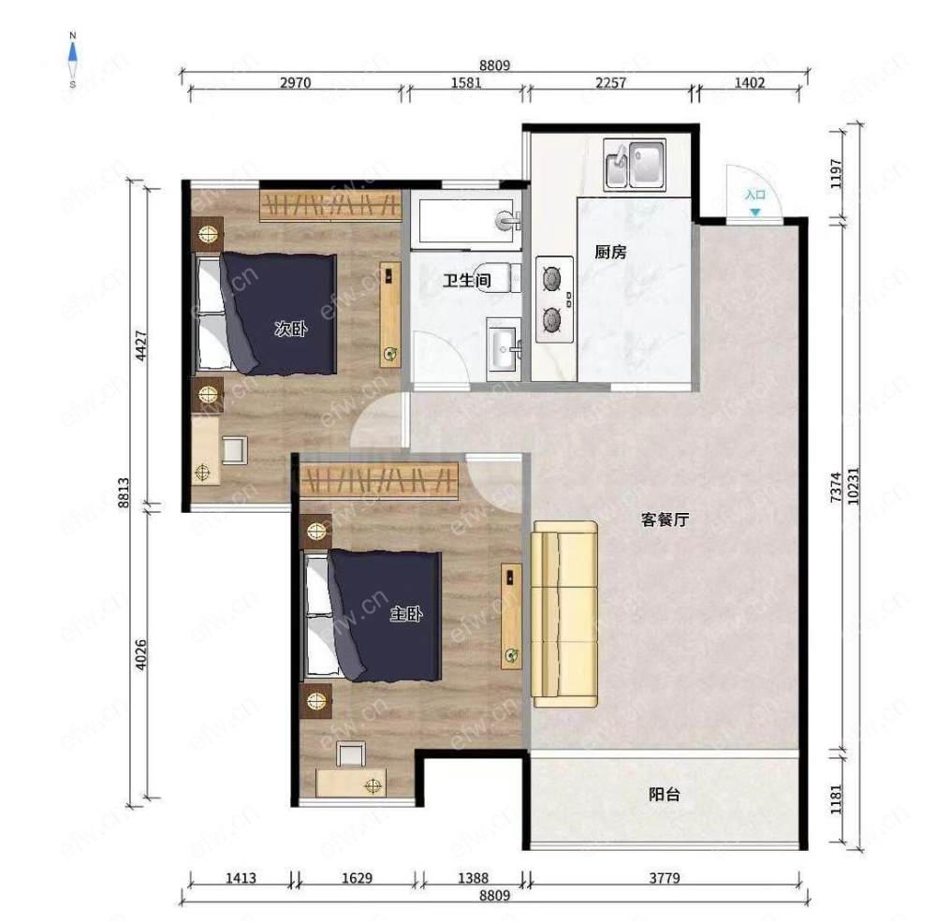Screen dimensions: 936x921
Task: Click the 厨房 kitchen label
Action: point(610,252)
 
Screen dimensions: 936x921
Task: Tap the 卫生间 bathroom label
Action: point(467,280)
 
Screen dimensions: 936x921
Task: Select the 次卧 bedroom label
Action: point(291,328)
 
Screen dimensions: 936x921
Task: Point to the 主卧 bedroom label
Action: point(406,613)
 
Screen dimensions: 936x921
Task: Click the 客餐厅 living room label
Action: point(665,519)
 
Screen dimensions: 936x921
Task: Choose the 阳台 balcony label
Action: point(665,794)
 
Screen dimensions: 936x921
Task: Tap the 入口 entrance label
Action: point(755,195)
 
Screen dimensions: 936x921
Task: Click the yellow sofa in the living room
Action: point(564,614)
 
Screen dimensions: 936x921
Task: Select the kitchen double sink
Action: point(635,165)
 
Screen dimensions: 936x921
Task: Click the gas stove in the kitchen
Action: point(554,300)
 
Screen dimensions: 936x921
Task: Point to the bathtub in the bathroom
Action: point(467,222)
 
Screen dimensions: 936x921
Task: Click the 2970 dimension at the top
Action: point(296,82)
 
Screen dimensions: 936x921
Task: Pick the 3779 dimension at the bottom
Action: point(665,878)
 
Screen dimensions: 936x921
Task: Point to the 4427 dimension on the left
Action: point(141,345)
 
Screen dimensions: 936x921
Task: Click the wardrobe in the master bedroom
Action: point(379,481)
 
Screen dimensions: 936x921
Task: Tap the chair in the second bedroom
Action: point(235,450)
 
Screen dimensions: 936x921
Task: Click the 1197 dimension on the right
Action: point(836,174)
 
